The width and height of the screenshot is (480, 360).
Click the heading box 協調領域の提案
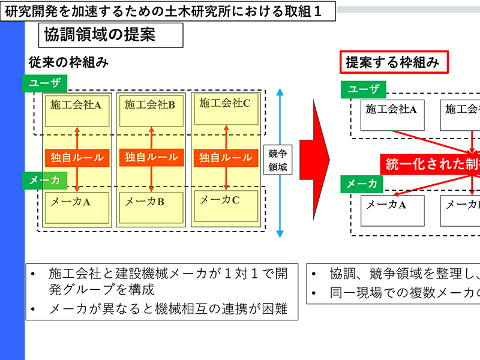tap(110, 35)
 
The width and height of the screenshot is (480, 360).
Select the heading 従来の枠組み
tap(68, 62)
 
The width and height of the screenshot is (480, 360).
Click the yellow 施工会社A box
tap(76, 110)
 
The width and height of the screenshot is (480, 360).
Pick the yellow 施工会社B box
tap(151, 110)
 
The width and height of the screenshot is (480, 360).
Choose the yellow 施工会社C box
tap(225, 109)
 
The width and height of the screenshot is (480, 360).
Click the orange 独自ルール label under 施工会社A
tap(77, 158)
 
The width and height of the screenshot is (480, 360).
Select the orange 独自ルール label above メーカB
tap(151, 158)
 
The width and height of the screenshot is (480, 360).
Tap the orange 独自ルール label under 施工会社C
tap(226, 158)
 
